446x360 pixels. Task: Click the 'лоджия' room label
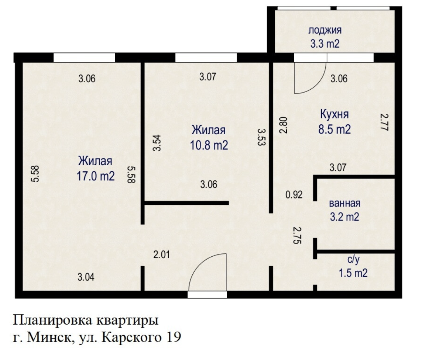[x=325, y=31]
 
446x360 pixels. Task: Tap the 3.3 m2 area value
[x=325, y=44]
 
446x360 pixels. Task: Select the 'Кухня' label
[x=334, y=115]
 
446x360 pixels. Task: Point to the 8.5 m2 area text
[x=334, y=129]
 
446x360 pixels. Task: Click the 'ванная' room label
[x=345, y=203]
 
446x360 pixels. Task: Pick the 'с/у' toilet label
[x=353, y=260]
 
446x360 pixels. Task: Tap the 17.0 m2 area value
[x=96, y=176]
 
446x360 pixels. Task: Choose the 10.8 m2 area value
[x=209, y=145]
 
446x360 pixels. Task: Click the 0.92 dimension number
[x=294, y=195]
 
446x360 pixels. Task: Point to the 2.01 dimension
[x=161, y=255]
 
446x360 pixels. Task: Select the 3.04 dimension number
[x=86, y=277]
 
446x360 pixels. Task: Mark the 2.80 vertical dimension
[x=283, y=125]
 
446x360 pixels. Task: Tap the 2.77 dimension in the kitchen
[x=384, y=122]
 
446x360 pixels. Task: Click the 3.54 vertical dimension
[x=157, y=143]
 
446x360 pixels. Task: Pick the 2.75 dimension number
[x=297, y=236]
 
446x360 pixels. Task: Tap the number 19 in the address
[x=174, y=337]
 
